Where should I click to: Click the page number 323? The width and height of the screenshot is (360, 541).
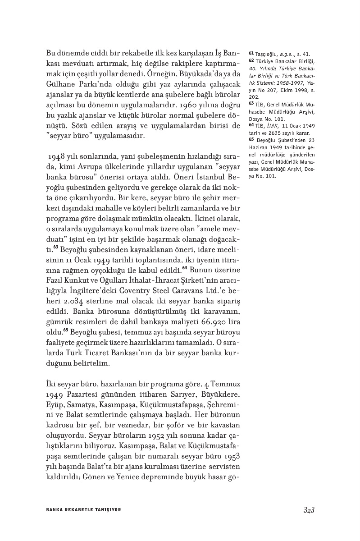308,509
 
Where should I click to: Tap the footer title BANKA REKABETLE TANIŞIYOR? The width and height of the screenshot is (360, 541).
83,509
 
